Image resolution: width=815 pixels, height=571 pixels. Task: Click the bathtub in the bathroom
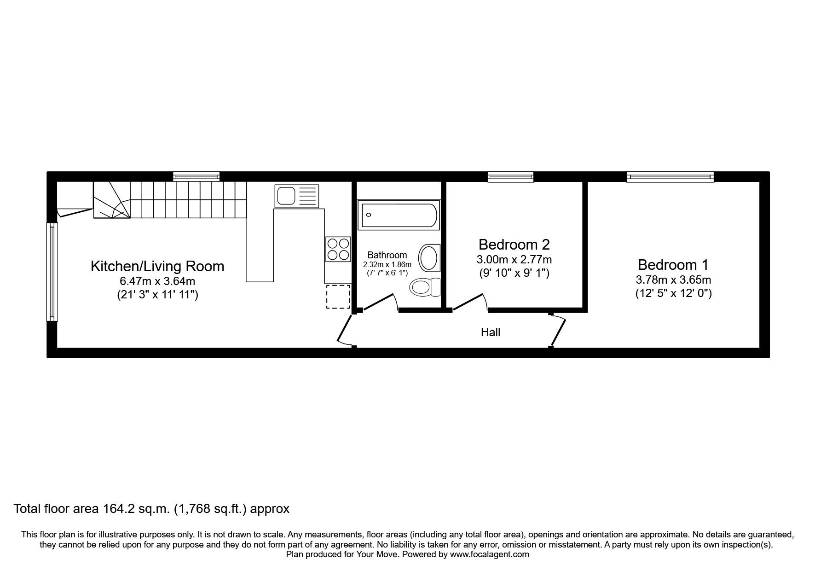click(399, 216)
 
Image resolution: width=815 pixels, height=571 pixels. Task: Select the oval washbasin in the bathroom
click(429, 257)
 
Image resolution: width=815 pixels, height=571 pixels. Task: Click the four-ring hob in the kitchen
click(338, 249)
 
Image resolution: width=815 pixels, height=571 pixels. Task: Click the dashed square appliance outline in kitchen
click(338, 297)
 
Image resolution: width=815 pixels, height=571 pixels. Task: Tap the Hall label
click(490, 332)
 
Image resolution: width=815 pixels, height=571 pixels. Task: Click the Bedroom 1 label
click(673, 265)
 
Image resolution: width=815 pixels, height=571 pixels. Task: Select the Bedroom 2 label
click(514, 244)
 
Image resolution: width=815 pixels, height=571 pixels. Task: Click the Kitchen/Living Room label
click(157, 266)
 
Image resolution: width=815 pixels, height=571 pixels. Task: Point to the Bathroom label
click(387, 255)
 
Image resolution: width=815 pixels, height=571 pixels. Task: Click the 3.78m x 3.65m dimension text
click(673, 280)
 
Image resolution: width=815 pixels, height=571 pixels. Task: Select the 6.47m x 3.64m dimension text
click(157, 281)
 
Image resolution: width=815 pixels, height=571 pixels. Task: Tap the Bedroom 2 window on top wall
click(511, 176)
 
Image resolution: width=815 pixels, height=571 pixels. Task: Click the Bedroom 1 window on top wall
click(670, 176)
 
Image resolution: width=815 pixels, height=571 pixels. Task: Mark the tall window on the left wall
click(52, 272)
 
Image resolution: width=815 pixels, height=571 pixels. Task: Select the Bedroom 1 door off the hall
click(557, 331)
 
